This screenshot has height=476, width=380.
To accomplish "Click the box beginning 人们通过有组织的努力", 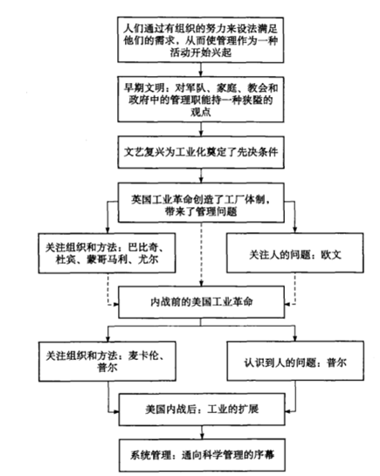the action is [201, 40].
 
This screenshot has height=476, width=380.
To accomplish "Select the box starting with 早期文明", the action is [201, 100].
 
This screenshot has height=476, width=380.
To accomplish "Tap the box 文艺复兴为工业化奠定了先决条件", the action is [201, 152].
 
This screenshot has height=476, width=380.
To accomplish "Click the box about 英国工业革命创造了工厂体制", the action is [201, 203].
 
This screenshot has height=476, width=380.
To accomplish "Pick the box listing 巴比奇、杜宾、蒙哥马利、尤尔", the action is [107, 253].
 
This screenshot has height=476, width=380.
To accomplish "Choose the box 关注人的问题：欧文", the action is [295, 253].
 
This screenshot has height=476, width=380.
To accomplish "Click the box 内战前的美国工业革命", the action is [201, 302].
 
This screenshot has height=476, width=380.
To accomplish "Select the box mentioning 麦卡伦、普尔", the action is [107, 362].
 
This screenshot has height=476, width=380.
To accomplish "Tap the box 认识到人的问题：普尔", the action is [295, 361].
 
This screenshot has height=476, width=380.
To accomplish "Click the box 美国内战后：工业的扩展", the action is [202, 410].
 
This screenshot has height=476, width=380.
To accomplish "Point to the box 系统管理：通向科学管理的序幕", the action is [202, 455].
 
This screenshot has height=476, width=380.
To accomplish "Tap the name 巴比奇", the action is [143, 247].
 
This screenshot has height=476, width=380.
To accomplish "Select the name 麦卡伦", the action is [143, 355].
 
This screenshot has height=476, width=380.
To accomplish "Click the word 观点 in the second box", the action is [201, 113].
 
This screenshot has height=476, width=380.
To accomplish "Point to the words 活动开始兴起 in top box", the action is [201, 52].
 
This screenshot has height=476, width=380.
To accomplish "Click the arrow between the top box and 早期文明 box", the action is [201, 70].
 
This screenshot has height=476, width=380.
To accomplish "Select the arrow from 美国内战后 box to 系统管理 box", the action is [202, 432].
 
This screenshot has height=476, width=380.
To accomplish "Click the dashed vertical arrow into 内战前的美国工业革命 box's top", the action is [201, 254].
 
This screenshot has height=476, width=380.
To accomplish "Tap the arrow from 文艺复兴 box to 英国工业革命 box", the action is [201, 176].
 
